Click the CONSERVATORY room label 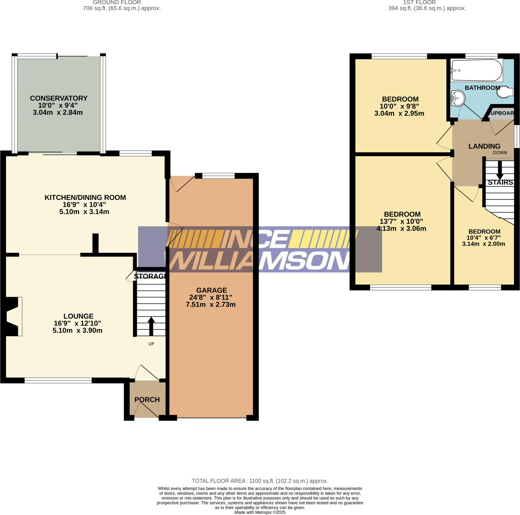pyautogui.click(x=59, y=98)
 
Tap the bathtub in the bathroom pyautogui.click(x=477, y=71)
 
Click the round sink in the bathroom pyautogui.click(x=458, y=98)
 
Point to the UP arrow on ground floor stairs pyautogui.click(x=151, y=326)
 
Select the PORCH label pyautogui.click(x=147, y=399)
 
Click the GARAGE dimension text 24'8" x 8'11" pyautogui.click(x=210, y=297)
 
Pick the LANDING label pyautogui.click(x=484, y=146)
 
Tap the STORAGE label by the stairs pyautogui.click(x=150, y=276)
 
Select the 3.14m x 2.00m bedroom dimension pyautogui.click(x=483, y=244)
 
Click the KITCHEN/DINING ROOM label pyautogui.click(x=85, y=197)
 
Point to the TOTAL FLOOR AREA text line pyautogui.click(x=260, y=481)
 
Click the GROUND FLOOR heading pyautogui.click(x=117, y=3)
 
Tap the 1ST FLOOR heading pyautogui.click(x=419, y=3)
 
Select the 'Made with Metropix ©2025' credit pyautogui.click(x=260, y=512)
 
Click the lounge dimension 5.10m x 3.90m pyautogui.click(x=77, y=330)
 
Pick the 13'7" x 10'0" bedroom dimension pyautogui.click(x=401, y=221)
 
